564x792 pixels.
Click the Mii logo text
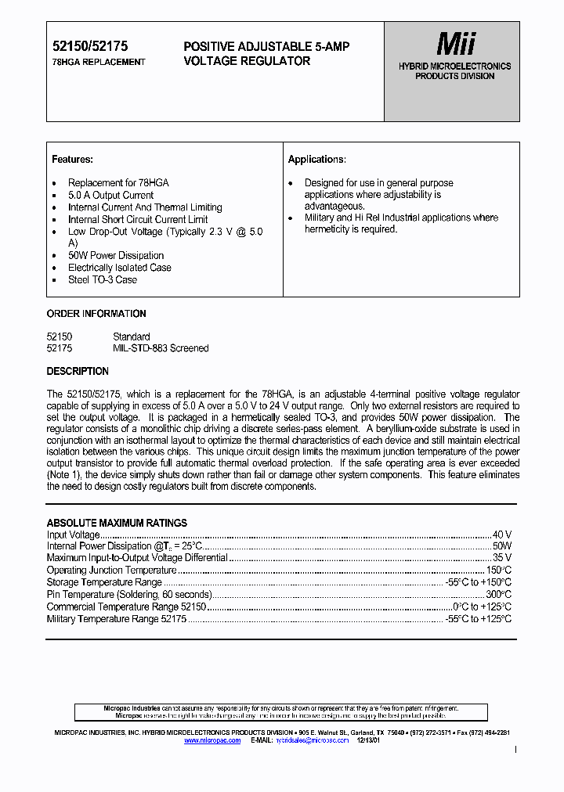(455, 44)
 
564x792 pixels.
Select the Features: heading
(72, 160)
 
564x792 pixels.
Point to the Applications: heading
(316, 160)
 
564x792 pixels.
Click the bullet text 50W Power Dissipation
(115, 255)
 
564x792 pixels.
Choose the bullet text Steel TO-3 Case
(102, 279)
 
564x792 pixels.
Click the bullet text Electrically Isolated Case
(119, 268)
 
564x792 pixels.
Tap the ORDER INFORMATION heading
(96, 314)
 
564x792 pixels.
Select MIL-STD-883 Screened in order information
(161, 348)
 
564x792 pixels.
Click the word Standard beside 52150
(132, 337)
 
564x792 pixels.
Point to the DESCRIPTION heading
(78, 371)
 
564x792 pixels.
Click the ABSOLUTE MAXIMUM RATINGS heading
(117, 523)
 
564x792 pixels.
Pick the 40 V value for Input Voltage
(501, 535)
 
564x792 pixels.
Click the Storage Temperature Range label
(104, 582)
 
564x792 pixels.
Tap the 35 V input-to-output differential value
(501, 558)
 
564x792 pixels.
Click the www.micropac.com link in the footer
(212, 740)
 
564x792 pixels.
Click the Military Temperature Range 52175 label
(117, 619)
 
